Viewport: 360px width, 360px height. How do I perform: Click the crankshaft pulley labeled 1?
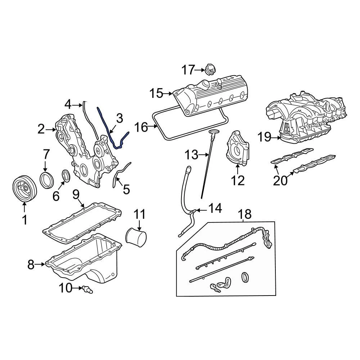pos(24,188)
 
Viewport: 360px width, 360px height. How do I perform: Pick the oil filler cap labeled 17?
pos(209,69)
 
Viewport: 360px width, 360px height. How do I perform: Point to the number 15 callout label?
pos(157,94)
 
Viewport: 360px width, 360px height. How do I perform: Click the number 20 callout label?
pos(280,180)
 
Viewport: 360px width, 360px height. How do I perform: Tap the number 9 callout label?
pos(76,195)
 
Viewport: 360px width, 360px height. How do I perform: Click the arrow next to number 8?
pos(41,265)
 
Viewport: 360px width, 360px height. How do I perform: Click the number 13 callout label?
pos(192,155)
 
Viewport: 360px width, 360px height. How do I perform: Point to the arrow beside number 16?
pos(153,126)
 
